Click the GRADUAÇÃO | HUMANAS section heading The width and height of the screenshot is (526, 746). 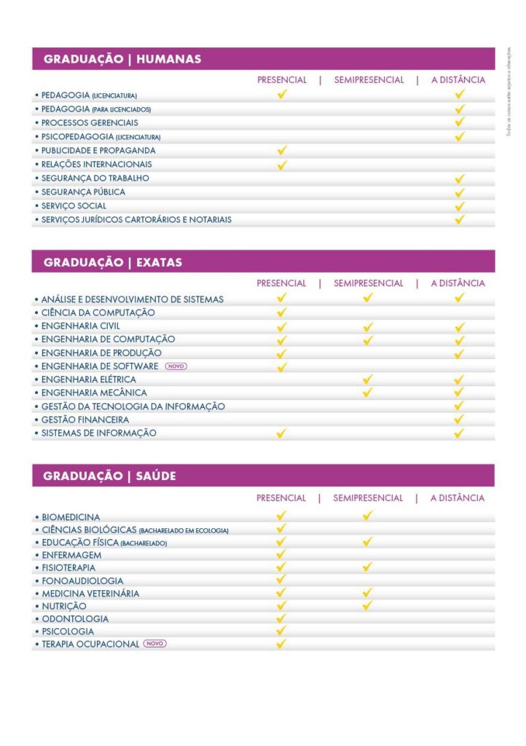(122, 59)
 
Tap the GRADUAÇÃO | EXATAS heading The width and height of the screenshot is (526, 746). (113, 262)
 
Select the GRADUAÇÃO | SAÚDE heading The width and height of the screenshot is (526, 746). (109, 476)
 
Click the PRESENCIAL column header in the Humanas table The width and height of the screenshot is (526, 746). (282, 80)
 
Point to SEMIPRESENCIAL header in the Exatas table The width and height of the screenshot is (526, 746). (368, 283)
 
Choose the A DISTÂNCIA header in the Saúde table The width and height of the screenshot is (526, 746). (458, 498)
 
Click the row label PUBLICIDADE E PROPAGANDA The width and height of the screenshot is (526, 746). (98, 151)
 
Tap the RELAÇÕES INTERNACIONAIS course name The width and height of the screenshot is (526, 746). (97, 165)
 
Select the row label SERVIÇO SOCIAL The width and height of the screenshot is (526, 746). (74, 206)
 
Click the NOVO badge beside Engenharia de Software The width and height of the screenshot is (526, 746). (176, 366)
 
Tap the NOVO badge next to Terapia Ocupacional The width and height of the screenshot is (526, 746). (155, 644)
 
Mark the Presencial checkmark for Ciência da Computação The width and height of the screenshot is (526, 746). (282, 313)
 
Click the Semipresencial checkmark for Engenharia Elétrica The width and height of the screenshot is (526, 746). (368, 380)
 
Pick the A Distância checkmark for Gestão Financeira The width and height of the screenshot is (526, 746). (459, 420)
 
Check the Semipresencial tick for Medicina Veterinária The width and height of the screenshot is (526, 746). (368, 593)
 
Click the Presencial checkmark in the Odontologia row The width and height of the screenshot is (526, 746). (282, 619)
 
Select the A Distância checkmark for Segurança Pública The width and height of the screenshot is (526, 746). (460, 192)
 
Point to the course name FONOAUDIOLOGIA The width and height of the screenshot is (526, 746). (82, 581)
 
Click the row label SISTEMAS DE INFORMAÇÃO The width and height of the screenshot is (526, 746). (99, 433)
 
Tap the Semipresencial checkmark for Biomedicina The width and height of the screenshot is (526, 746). (368, 517)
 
